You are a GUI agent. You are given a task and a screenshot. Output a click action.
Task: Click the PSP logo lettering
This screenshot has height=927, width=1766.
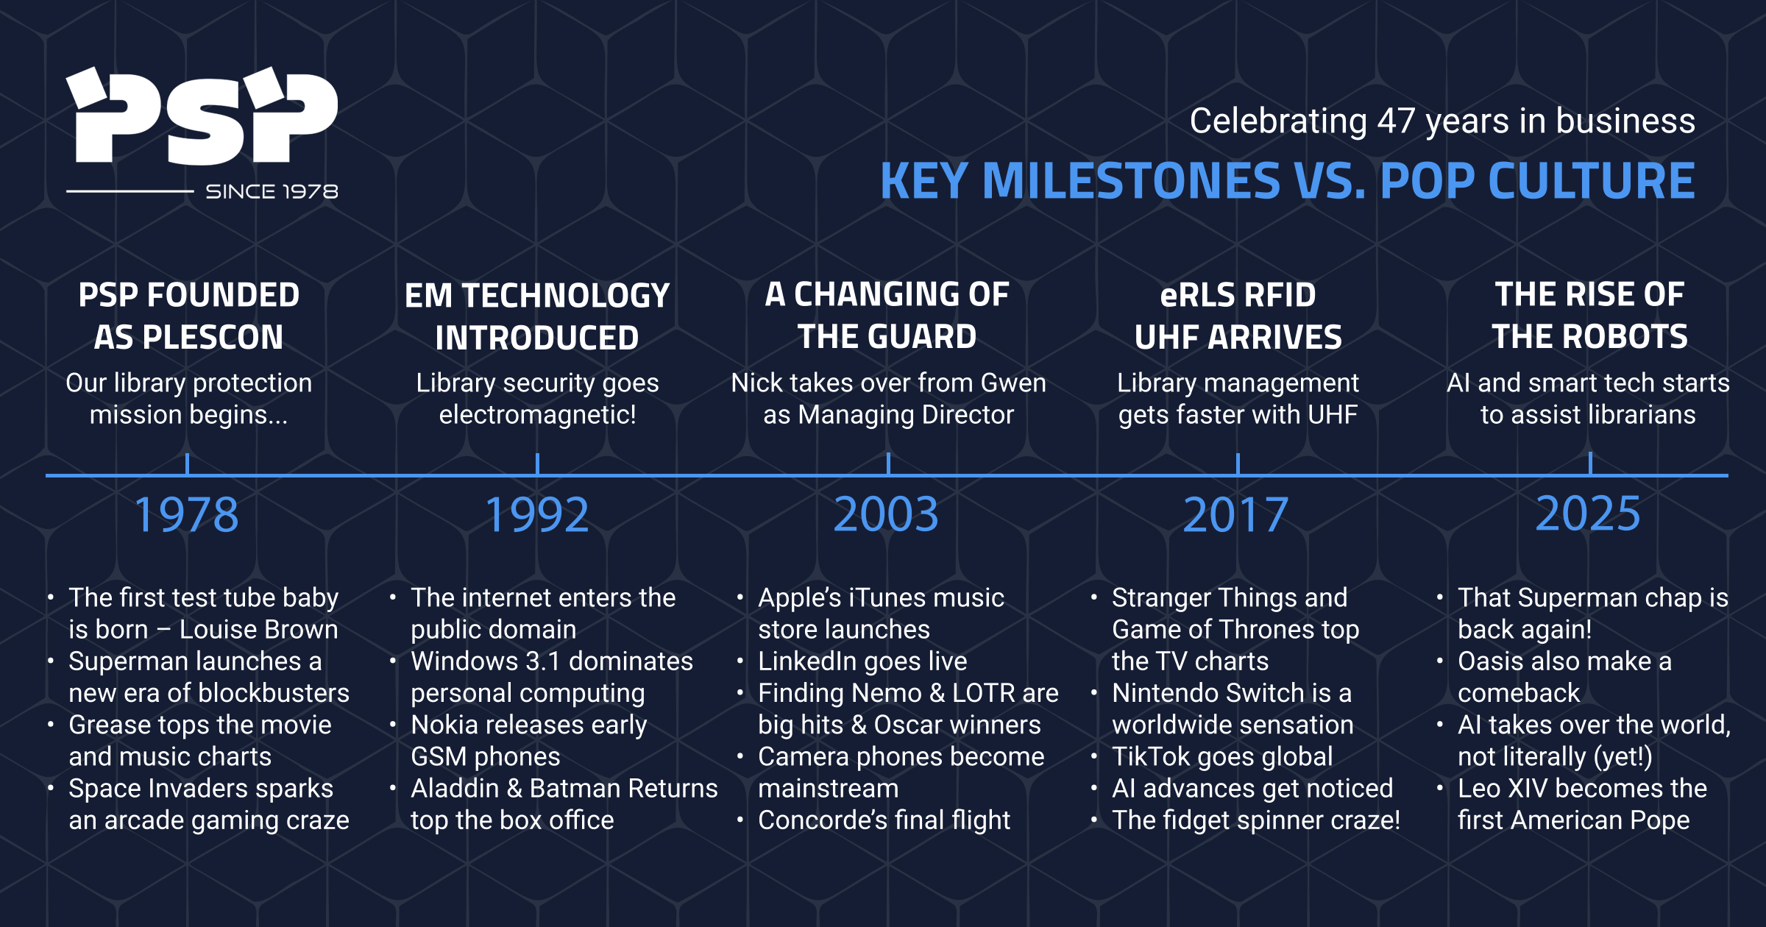click(x=202, y=118)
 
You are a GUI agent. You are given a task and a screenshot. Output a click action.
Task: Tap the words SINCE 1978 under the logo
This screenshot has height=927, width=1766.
click(x=272, y=192)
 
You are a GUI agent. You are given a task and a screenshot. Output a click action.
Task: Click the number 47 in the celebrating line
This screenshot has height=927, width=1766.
click(x=1396, y=121)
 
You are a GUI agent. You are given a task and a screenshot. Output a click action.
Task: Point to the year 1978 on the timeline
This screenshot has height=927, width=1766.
click(x=187, y=515)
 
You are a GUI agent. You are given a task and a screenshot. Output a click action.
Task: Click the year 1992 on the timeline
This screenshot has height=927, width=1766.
click(x=537, y=515)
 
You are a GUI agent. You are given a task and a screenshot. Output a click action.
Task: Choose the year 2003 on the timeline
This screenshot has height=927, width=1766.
click(x=886, y=514)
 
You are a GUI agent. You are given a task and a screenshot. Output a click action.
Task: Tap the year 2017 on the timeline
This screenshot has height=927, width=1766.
click(x=1235, y=515)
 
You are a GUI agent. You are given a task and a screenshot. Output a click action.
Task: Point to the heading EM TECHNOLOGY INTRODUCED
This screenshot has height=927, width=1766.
click(x=537, y=316)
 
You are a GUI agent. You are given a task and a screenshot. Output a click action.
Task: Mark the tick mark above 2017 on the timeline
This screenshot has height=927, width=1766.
click(x=1238, y=464)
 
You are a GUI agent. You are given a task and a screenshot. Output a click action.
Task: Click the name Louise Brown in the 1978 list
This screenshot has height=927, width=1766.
click(x=258, y=630)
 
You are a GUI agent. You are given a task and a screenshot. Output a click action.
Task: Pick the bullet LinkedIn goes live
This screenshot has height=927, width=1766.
click(x=862, y=661)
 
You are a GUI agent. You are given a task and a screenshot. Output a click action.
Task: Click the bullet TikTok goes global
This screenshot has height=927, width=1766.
click(x=1221, y=757)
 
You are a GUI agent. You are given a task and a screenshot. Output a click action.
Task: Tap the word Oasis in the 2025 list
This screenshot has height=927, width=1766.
click(x=1490, y=661)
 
